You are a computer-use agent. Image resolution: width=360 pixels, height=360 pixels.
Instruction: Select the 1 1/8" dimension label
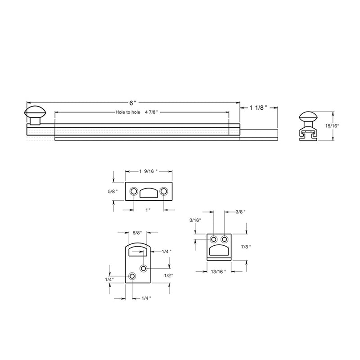click(x=258, y=108)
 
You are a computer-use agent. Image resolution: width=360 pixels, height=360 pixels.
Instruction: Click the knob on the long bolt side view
click(x=35, y=113)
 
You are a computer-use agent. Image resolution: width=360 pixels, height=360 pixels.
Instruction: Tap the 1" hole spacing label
click(x=148, y=210)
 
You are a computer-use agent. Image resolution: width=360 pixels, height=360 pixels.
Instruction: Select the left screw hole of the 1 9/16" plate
click(x=134, y=192)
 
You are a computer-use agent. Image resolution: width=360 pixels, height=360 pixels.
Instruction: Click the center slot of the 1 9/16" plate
click(x=148, y=193)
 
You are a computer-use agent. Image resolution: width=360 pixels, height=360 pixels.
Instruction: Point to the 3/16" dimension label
click(x=195, y=220)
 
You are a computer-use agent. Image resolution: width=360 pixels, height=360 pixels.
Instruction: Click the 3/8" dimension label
click(x=241, y=211)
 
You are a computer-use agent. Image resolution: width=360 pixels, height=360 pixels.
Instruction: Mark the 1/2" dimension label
click(x=168, y=275)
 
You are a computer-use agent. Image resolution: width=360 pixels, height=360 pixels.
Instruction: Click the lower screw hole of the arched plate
click(x=132, y=276)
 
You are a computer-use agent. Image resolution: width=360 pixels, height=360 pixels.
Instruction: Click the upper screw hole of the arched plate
click(x=144, y=269)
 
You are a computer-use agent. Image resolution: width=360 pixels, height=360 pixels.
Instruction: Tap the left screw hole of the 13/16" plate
click(x=214, y=239)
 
